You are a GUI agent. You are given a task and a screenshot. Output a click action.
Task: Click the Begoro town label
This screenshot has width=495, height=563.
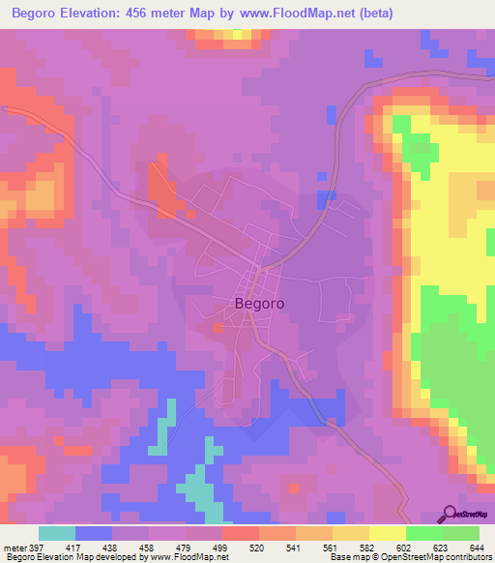[260, 302]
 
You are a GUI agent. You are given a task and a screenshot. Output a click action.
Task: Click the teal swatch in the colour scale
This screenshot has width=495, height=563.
[57, 533]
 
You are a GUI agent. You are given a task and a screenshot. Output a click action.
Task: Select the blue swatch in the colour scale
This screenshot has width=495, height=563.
[94, 533]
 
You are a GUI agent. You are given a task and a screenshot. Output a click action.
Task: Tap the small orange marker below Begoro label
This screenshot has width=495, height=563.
[219, 327]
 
